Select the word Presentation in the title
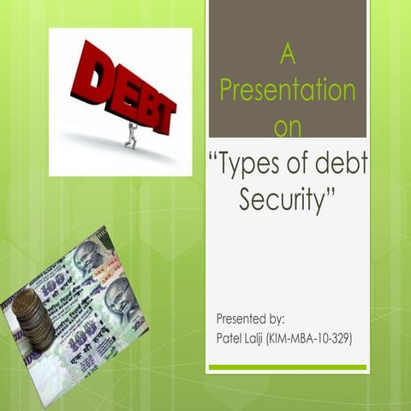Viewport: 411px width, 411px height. (x=288, y=91)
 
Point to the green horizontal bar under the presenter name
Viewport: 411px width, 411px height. (x=288, y=367)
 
